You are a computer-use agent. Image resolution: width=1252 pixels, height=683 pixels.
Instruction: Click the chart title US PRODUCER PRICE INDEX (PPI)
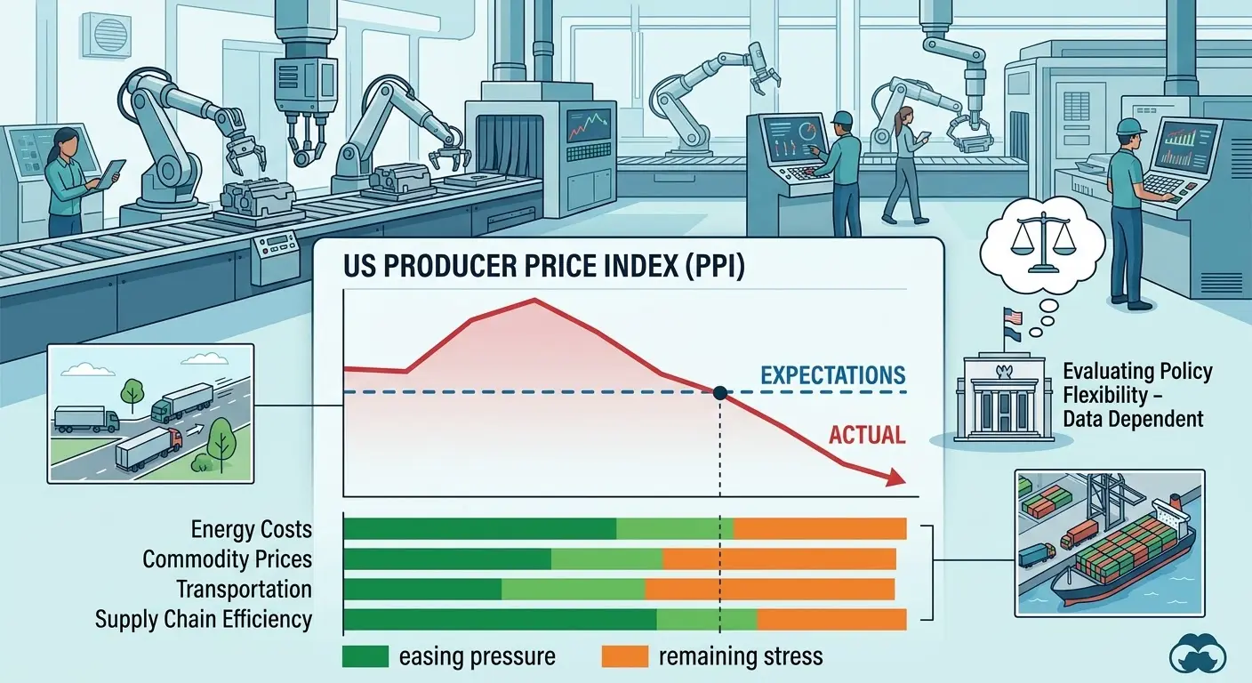[544, 266]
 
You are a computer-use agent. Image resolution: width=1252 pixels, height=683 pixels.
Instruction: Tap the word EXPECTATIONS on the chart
[833, 375]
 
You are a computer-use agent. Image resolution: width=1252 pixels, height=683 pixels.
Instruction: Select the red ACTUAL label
[866, 435]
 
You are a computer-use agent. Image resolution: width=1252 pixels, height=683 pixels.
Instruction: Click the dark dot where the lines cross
[720, 393]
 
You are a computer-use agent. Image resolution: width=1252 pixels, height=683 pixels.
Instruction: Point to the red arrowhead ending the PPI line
[895, 478]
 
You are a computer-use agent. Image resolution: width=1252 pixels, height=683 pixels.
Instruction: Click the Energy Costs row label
[252, 529]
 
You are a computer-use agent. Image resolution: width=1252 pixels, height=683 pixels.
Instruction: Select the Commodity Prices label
[227, 558]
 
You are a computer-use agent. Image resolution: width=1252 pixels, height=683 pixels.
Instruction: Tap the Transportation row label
[245, 589]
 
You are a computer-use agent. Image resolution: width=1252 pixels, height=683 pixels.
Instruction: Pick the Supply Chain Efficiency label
[204, 619]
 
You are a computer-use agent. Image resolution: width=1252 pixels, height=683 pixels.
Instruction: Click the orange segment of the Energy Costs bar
[819, 529]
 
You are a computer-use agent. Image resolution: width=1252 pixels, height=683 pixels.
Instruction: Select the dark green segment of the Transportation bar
[422, 590]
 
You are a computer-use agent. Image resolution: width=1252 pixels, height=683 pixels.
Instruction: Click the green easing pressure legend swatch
[365, 656]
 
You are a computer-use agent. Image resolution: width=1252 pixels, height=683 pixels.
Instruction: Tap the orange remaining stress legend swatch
[625, 656]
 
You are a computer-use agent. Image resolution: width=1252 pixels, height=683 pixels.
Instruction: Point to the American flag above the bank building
[1012, 317]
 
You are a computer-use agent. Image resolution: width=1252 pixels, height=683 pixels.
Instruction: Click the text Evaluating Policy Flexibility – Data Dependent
[1137, 395]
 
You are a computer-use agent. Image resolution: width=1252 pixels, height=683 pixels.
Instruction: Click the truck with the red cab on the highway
[148, 448]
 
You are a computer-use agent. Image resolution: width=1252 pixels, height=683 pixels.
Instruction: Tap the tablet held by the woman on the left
[113, 173]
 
